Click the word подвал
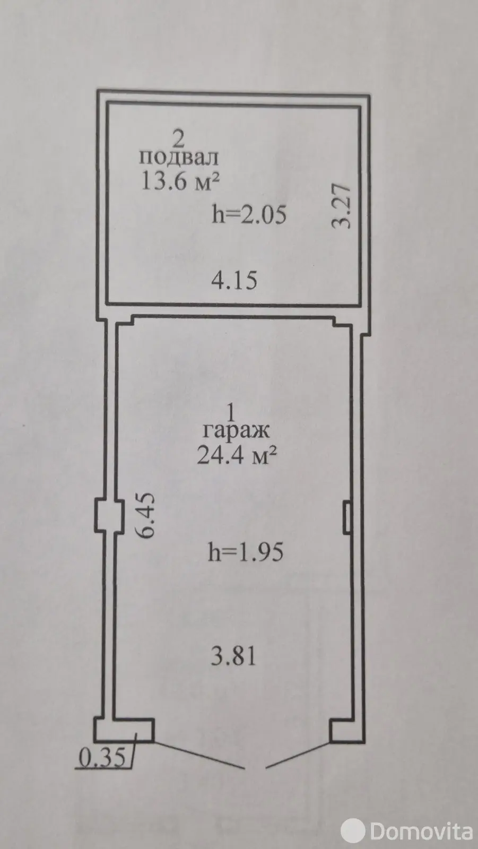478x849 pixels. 179,157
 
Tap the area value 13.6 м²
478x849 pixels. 180,181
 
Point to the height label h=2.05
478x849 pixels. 249,215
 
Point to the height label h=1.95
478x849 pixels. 246,552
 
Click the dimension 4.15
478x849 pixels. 234,281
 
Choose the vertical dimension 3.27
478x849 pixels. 341,206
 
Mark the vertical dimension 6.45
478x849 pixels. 145,515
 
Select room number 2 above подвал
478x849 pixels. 178,138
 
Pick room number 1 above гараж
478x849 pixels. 230,412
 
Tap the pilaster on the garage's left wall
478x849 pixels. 109,516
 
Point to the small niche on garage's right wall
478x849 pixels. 347,517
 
